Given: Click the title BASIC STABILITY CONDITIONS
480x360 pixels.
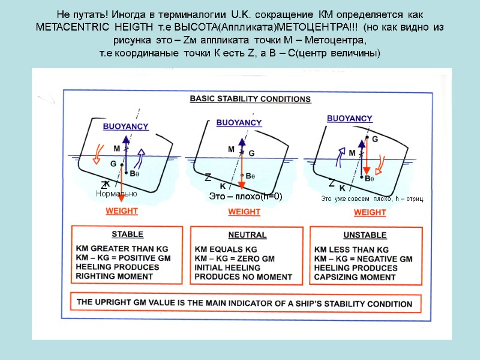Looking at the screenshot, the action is [x=250, y=99].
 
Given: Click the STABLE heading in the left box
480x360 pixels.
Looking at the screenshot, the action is [x=123, y=235].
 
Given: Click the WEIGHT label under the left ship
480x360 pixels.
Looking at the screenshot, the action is [x=122, y=211].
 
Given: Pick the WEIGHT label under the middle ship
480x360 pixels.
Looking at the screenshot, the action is [x=244, y=212].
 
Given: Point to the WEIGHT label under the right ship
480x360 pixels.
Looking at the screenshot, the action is [x=370, y=212].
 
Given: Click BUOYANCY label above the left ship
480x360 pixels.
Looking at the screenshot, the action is [x=126, y=127].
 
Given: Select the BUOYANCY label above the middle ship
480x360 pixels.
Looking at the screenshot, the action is [x=239, y=122].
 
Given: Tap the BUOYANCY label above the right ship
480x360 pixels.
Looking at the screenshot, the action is [x=349, y=119].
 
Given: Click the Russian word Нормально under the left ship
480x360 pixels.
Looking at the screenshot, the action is [x=116, y=194].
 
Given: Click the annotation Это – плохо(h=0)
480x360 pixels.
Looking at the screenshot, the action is [x=245, y=197].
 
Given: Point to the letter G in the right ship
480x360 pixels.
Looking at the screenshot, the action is [x=375, y=139].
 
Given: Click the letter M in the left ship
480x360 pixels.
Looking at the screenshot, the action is [x=117, y=148].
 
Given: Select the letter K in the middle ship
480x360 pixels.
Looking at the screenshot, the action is [x=223, y=187].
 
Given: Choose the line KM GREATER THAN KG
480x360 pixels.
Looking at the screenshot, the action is [x=122, y=249].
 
